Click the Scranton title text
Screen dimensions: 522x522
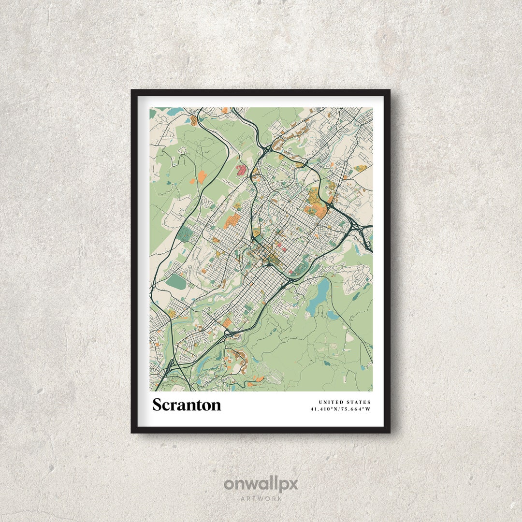[x=187, y=405]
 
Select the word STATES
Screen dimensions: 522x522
[x=359, y=402]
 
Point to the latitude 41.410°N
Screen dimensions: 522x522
[x=325, y=409]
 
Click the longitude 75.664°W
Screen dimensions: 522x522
[x=356, y=409]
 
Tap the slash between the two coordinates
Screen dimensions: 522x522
[x=340, y=409]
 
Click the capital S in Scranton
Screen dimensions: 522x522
[x=158, y=405]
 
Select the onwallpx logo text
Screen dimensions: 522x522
[x=261, y=484]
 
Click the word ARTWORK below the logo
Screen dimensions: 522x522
[x=261, y=498]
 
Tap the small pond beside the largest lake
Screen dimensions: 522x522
[x=333, y=315]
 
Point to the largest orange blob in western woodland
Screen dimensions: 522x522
[x=202, y=177]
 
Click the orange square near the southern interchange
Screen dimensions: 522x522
[x=226, y=322]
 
